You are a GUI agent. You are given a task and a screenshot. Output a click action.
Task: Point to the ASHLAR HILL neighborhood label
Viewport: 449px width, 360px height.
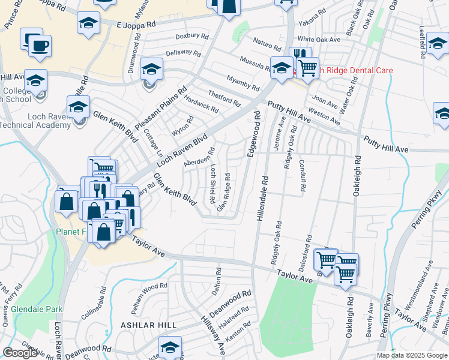[x=148, y=325]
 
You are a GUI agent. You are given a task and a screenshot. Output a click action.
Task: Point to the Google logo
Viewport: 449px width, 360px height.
[x=20, y=353]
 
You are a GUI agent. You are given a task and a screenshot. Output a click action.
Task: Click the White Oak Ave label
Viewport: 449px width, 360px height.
[x=319, y=39]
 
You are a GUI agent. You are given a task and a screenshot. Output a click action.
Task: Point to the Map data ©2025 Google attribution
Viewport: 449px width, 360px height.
[x=412, y=355]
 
